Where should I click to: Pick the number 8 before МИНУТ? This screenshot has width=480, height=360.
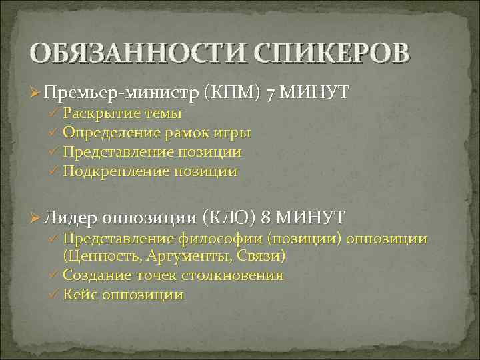tap(267, 217)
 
